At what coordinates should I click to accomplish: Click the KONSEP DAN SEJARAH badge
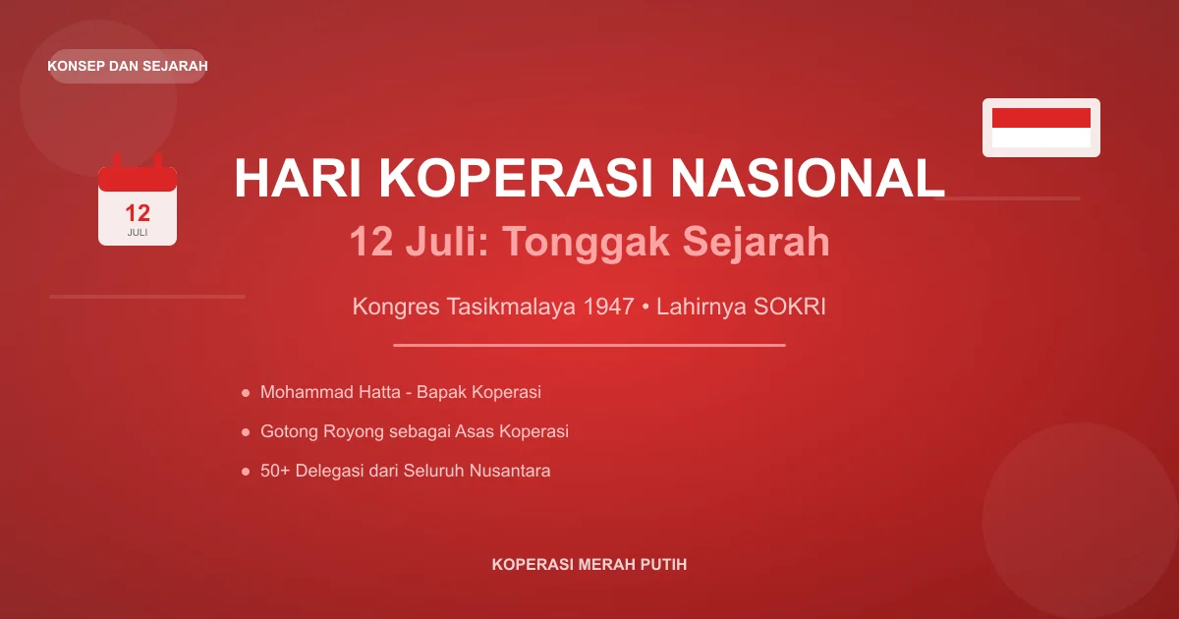pyautogui.click(x=128, y=66)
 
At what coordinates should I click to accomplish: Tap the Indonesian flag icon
pyautogui.click(x=1041, y=128)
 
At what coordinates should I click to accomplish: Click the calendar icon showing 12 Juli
pyautogui.click(x=138, y=201)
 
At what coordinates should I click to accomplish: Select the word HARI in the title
pyautogui.click(x=297, y=179)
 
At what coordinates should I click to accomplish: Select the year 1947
pyautogui.click(x=608, y=307)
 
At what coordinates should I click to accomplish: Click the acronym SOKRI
pyautogui.click(x=790, y=307)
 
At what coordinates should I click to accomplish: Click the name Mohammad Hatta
pyautogui.click(x=331, y=392)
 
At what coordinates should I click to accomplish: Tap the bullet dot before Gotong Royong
pyautogui.click(x=245, y=432)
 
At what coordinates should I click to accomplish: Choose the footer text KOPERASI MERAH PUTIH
pyautogui.click(x=589, y=565)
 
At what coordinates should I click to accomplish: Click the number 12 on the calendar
pyautogui.click(x=138, y=213)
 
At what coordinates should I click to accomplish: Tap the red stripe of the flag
pyautogui.click(x=1041, y=118)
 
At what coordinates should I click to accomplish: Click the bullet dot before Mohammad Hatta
pyautogui.click(x=245, y=393)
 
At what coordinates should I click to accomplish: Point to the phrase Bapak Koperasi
pyautogui.click(x=478, y=392)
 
